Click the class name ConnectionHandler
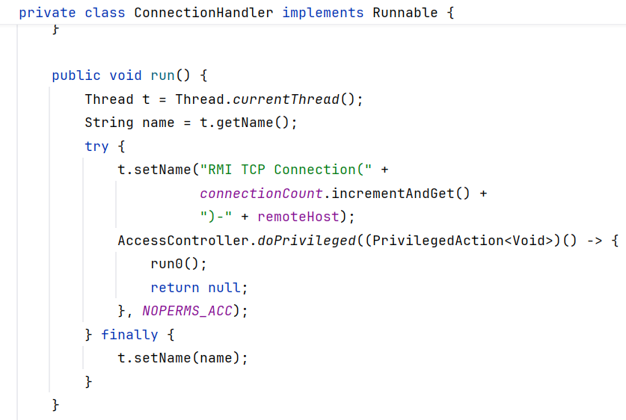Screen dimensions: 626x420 tap(203, 13)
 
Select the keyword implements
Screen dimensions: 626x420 tap(322, 13)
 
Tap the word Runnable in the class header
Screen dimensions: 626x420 tap(405, 13)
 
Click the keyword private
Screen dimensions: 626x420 tap(47, 13)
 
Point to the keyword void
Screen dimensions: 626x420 tap(126, 75)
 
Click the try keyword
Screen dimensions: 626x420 tap(96, 146)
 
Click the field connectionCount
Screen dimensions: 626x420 tap(261, 194)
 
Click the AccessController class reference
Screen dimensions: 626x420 tap(183, 241)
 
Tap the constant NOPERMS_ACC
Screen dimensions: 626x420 tap(187, 311)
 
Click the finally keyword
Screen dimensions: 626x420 tap(129, 335)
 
